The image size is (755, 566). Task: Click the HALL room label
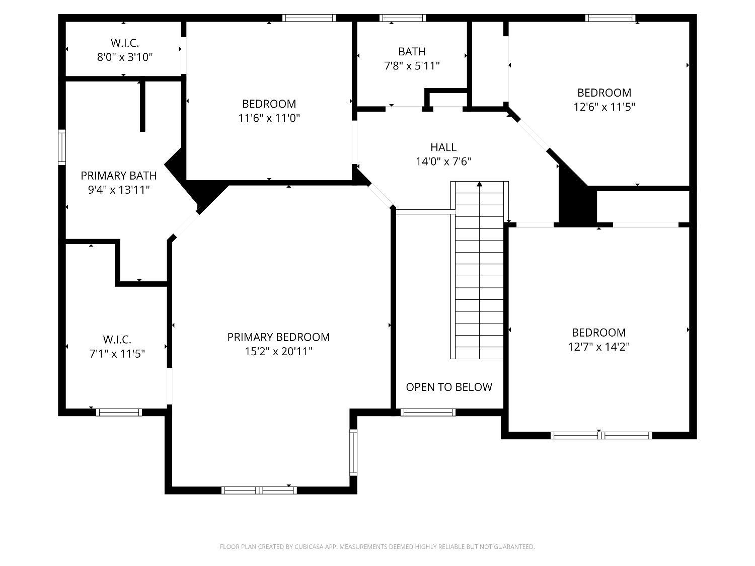coord(443,147)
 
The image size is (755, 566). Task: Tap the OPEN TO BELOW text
coord(449,387)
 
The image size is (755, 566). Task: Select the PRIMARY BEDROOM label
coord(278,337)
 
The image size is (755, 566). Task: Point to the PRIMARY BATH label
coord(119,176)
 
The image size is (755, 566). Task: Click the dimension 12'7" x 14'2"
coord(599,347)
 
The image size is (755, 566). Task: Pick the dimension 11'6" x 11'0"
coord(269,118)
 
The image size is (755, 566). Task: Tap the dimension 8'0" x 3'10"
coord(125,57)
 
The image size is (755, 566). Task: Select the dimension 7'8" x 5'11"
coord(412,65)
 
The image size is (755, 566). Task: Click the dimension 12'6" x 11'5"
coord(604,107)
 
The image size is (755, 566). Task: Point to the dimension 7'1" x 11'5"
coord(117,354)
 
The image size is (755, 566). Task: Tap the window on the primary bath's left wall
coord(61,147)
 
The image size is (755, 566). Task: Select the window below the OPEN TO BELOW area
coord(428,412)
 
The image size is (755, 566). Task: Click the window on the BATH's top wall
coord(403,18)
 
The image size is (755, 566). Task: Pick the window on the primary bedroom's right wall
coord(353,452)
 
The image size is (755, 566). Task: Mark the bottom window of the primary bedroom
coord(259,491)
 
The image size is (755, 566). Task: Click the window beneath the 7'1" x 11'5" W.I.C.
coord(119,412)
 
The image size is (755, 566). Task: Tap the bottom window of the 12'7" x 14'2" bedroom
coord(601,435)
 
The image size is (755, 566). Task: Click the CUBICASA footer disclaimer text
coord(377,546)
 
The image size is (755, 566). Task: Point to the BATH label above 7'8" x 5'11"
coord(412,51)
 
